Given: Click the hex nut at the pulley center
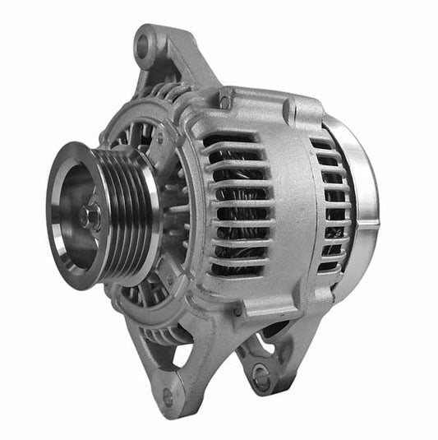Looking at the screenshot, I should coord(90,217).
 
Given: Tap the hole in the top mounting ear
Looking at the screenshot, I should coord(145,46).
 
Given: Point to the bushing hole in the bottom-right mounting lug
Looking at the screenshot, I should coord(262,377).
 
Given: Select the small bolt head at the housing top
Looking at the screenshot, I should coord(224,101).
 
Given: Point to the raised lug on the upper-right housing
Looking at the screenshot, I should coord(289,109).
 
